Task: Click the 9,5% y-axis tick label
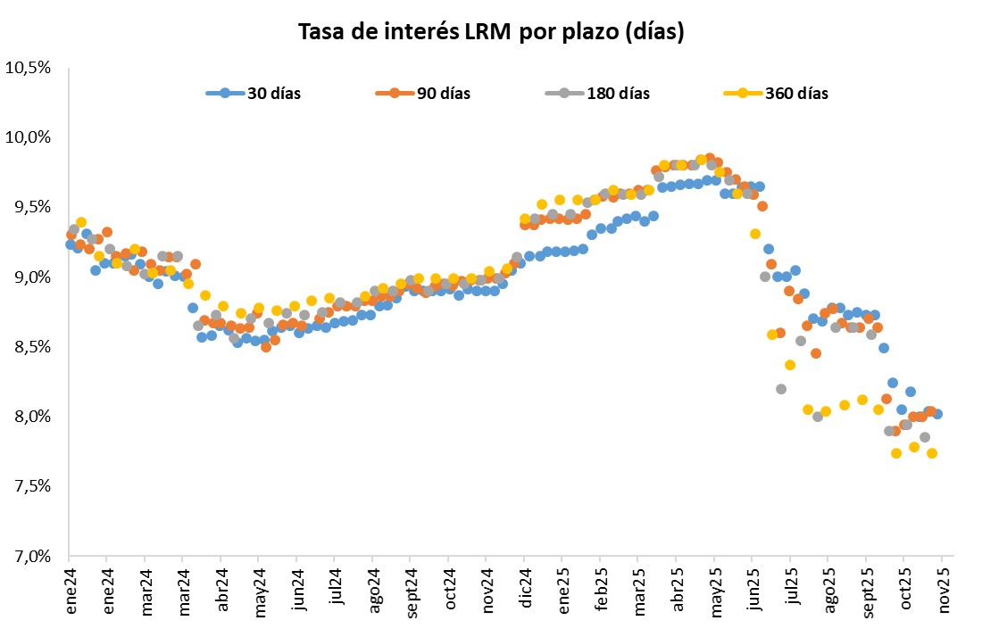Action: [x=33, y=207]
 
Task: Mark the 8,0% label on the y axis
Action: [x=33, y=417]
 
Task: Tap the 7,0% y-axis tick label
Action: [x=33, y=556]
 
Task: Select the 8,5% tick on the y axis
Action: [x=33, y=347]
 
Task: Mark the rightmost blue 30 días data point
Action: [x=937, y=413]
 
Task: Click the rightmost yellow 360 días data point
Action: [x=932, y=452]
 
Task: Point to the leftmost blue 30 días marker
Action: [x=71, y=244]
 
